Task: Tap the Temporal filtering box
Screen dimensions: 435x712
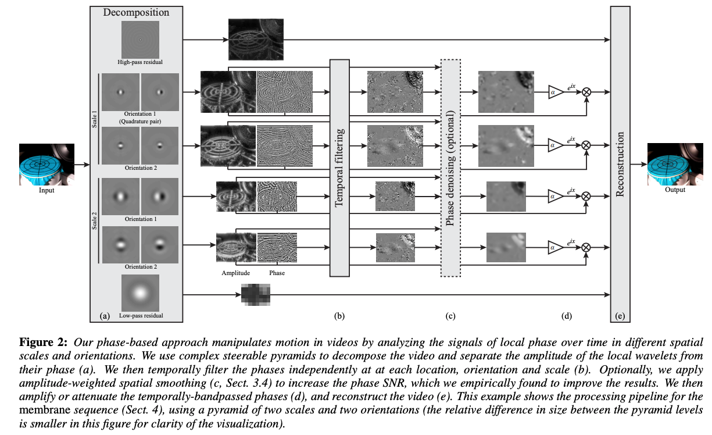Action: (x=339, y=167)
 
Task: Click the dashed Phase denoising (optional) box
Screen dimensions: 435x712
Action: (x=450, y=167)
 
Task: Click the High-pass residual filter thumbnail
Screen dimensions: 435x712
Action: (x=139, y=40)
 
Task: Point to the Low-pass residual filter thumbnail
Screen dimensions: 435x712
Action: (x=139, y=293)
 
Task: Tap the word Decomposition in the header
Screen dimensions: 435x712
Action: (x=136, y=12)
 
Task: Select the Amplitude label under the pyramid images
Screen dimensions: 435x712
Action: (x=235, y=272)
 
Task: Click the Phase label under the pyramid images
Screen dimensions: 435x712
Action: (x=277, y=272)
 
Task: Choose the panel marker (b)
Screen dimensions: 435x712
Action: (x=339, y=316)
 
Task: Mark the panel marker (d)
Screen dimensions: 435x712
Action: (x=567, y=316)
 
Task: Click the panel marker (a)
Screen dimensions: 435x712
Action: (x=105, y=316)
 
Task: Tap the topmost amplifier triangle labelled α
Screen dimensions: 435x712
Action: (x=555, y=91)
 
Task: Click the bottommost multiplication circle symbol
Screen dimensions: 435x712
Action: (x=586, y=248)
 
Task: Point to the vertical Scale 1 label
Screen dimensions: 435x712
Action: (x=94, y=122)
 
